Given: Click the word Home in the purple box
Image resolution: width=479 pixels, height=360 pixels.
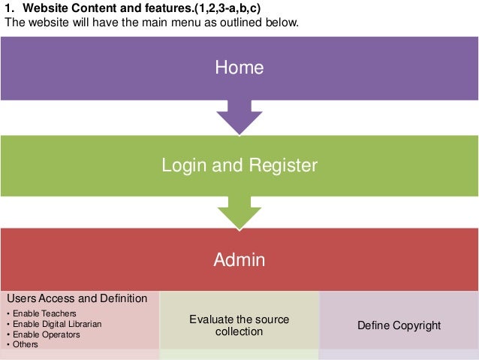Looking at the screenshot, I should pos(239,67).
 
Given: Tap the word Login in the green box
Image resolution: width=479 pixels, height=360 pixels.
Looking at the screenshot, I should pos(183,165).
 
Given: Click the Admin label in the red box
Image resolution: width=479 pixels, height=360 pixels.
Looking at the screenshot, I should pos(239,260).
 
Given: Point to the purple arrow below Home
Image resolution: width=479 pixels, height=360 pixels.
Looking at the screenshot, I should pos(239,117).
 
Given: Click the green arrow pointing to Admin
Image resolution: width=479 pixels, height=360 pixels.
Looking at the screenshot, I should pos(239,212).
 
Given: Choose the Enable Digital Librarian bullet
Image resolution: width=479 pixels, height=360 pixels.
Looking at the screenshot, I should pos(56,324).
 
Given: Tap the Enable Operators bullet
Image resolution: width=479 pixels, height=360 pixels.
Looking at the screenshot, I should pos(46,334).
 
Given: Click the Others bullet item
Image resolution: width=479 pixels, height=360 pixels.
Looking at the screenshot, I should pos(25,345).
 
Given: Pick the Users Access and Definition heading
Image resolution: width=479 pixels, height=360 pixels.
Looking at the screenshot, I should pos(77,298).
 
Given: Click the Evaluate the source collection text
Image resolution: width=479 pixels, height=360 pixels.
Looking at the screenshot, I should pos(239,325).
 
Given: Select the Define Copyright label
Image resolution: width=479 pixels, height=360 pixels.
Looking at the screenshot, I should pos(399,325).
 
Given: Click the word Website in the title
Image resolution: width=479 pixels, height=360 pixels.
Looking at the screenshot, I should pos(47,8).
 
